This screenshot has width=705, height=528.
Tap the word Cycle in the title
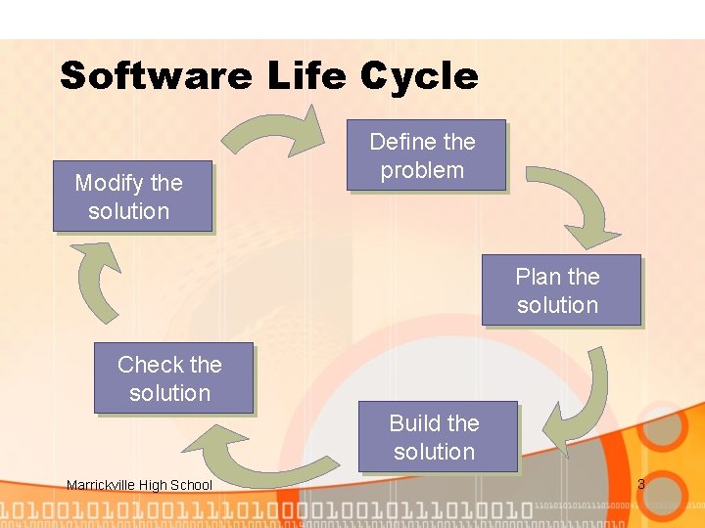point(419,76)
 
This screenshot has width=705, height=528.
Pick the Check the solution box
point(171,378)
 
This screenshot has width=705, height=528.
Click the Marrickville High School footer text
point(139,485)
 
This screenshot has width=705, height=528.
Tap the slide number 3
point(641,484)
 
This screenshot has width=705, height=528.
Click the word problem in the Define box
point(422,170)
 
